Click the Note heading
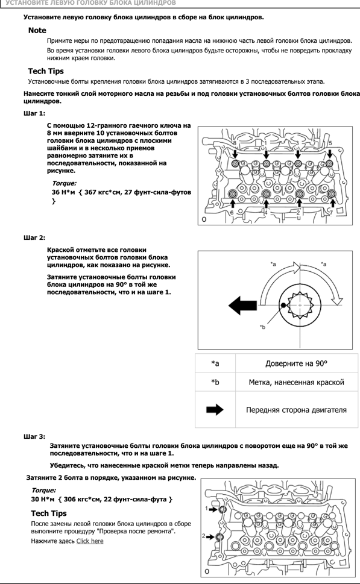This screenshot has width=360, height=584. pyautogui.click(x=37, y=31)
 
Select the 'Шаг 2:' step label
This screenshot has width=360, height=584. pyautogui.click(x=34, y=237)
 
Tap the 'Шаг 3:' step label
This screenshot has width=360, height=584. pyautogui.click(x=34, y=436)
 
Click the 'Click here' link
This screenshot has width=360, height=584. pyautogui.click(x=90, y=541)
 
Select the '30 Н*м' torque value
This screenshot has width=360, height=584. pyautogui.click(x=43, y=499)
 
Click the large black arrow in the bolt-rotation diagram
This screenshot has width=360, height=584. pyautogui.click(x=242, y=306)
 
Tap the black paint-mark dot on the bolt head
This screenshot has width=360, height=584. pyautogui.click(x=283, y=305)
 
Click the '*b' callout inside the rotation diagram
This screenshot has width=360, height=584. pyautogui.click(x=262, y=327)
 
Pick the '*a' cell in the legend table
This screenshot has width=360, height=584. pyautogui.click(x=215, y=363)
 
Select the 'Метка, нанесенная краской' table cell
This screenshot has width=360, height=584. pyautogui.click(x=296, y=382)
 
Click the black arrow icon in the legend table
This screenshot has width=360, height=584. pyautogui.click(x=215, y=410)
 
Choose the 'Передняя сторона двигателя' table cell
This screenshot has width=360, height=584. pyautogui.click(x=296, y=410)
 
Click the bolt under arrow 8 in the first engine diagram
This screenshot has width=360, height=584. pyautogui.click(x=235, y=163)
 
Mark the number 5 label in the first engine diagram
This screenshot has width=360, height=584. pyautogui.click(x=330, y=143)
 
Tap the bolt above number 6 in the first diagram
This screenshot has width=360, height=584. pyautogui.click(x=233, y=193)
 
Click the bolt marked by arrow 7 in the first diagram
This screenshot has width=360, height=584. pyautogui.click(x=332, y=193)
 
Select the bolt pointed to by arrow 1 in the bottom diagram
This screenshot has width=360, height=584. pyautogui.click(x=222, y=509)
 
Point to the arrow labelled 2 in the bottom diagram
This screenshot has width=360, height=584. pyautogui.click(x=210, y=537)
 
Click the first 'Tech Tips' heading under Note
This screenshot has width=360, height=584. pyautogui.click(x=46, y=71)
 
